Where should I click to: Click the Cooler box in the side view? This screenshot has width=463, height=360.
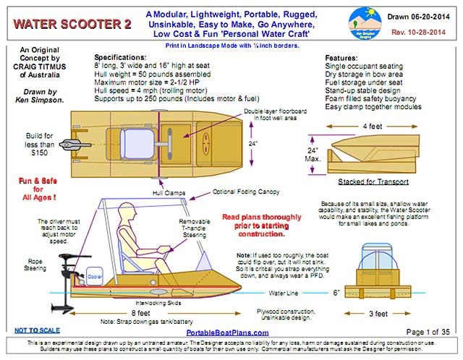pos(95,274)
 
